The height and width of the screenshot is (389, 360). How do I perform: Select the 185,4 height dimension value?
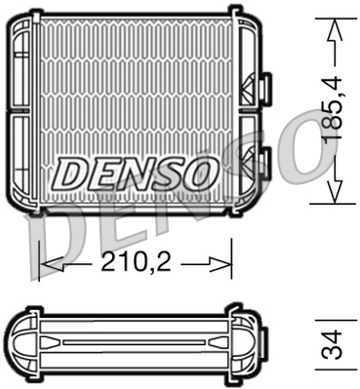(336, 112)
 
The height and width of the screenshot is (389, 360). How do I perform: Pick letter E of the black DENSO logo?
(102, 174)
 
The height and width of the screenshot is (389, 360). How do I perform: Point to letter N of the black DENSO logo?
(135, 174)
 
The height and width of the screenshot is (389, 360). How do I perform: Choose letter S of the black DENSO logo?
(166, 174)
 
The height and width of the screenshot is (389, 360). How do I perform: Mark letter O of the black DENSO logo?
(194, 174)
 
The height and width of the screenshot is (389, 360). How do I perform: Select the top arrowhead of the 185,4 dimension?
(335, 29)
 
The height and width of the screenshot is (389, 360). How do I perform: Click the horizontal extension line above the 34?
(334, 317)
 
